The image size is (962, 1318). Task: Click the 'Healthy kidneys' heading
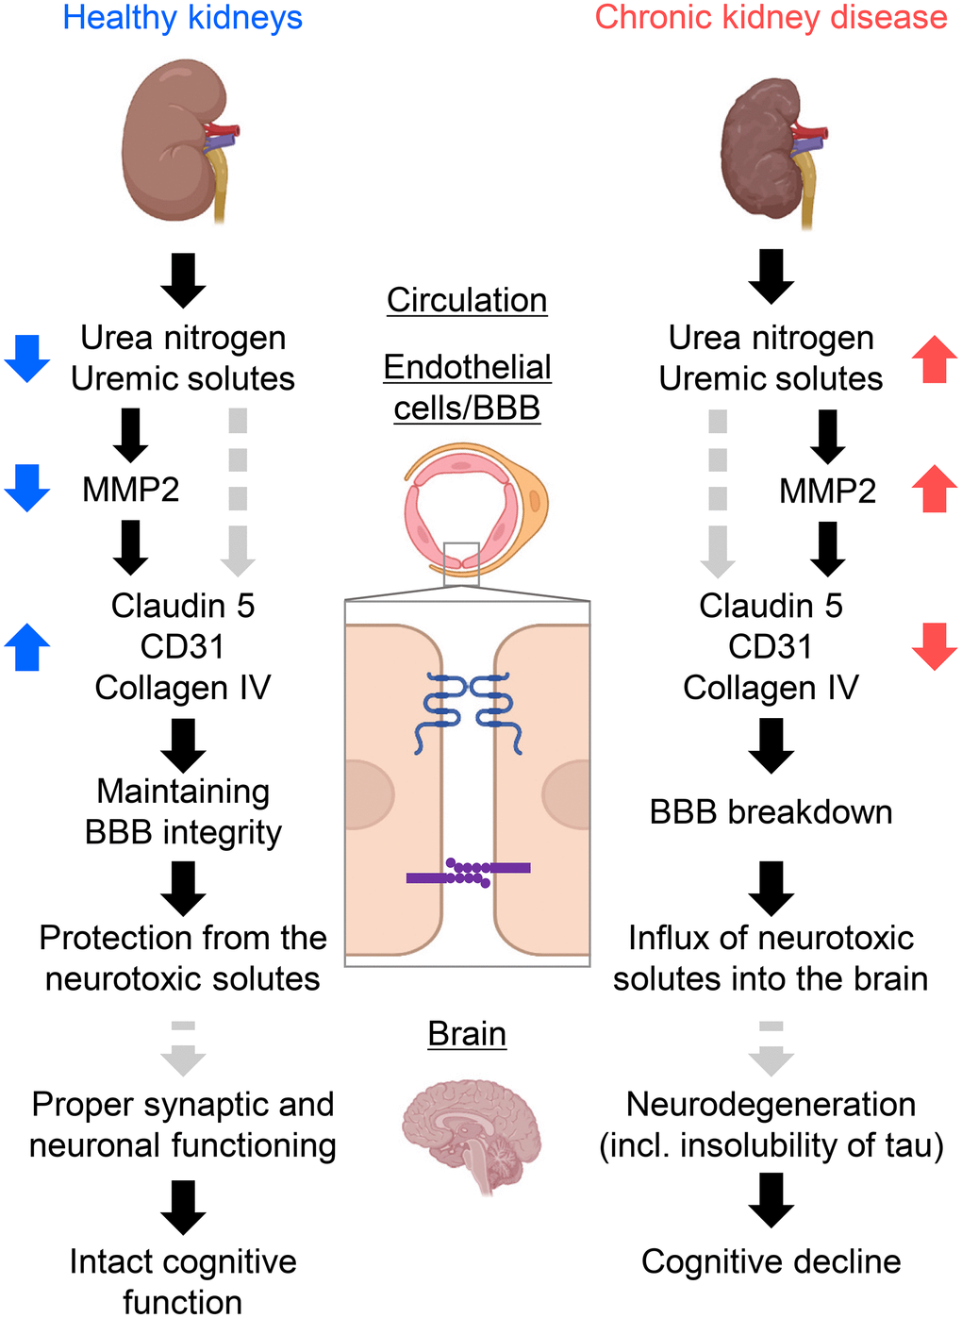pos(182,18)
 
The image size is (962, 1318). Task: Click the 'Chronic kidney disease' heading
pos(771,18)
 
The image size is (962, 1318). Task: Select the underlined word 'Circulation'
pos(467,300)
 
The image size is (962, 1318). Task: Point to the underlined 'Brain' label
pos(467,1034)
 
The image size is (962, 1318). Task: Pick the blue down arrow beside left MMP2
pos(27,488)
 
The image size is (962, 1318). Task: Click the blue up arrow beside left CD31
pos(27,647)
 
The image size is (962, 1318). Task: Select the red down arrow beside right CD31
pos(934,647)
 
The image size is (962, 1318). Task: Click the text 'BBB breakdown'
pos(771,812)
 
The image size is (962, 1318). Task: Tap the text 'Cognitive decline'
pos(771,1261)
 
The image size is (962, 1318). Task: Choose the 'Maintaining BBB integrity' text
pos(183,811)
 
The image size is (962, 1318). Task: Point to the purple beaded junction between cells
pos(468,873)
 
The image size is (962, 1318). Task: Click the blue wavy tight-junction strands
pos(468,712)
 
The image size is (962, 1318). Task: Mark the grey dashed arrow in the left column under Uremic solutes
pos(238,491)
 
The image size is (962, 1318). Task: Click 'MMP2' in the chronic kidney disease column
pos(827,491)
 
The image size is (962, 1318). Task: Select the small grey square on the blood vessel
pos(461,563)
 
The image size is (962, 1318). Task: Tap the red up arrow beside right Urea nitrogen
pos(934,359)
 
